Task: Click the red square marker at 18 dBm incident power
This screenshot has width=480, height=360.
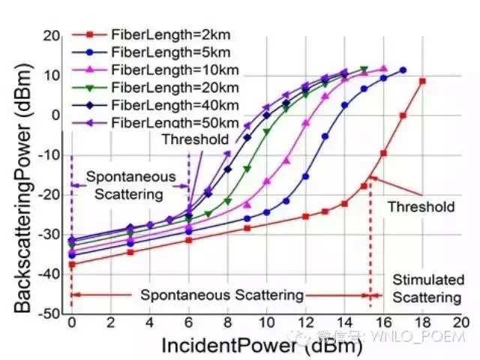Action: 423,80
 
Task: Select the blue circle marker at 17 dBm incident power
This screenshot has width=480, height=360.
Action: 403,70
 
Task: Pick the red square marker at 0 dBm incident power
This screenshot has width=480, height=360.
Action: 72,265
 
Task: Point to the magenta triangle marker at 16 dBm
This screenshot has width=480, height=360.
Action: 383,68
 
